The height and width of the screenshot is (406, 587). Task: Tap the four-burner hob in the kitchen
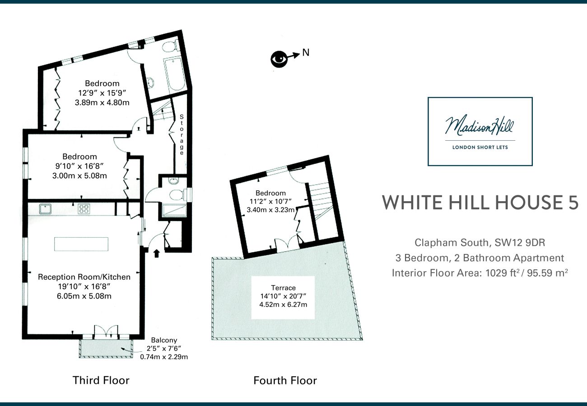(x=84, y=209)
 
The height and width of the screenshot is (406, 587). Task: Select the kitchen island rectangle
(x=81, y=244)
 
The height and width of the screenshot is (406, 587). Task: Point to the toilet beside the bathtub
(x=170, y=47)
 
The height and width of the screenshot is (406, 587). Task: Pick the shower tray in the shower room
(x=174, y=211)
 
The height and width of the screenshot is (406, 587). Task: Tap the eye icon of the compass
(x=279, y=59)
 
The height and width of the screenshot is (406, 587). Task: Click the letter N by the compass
(x=306, y=53)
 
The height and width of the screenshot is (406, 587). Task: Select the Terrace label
(x=283, y=288)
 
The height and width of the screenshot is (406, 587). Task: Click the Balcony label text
(x=164, y=340)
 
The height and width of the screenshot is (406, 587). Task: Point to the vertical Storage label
(x=182, y=135)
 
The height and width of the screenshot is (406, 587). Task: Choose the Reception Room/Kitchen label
(x=84, y=277)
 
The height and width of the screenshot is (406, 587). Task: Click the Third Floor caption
(x=101, y=380)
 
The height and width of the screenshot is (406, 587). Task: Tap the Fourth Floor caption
(x=285, y=381)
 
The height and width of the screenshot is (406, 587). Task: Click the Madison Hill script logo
(x=480, y=126)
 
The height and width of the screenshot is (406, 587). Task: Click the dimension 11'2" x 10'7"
(x=270, y=201)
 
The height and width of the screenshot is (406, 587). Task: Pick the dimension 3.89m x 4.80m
(x=102, y=102)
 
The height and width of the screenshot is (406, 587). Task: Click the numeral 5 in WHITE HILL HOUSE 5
(x=572, y=203)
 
